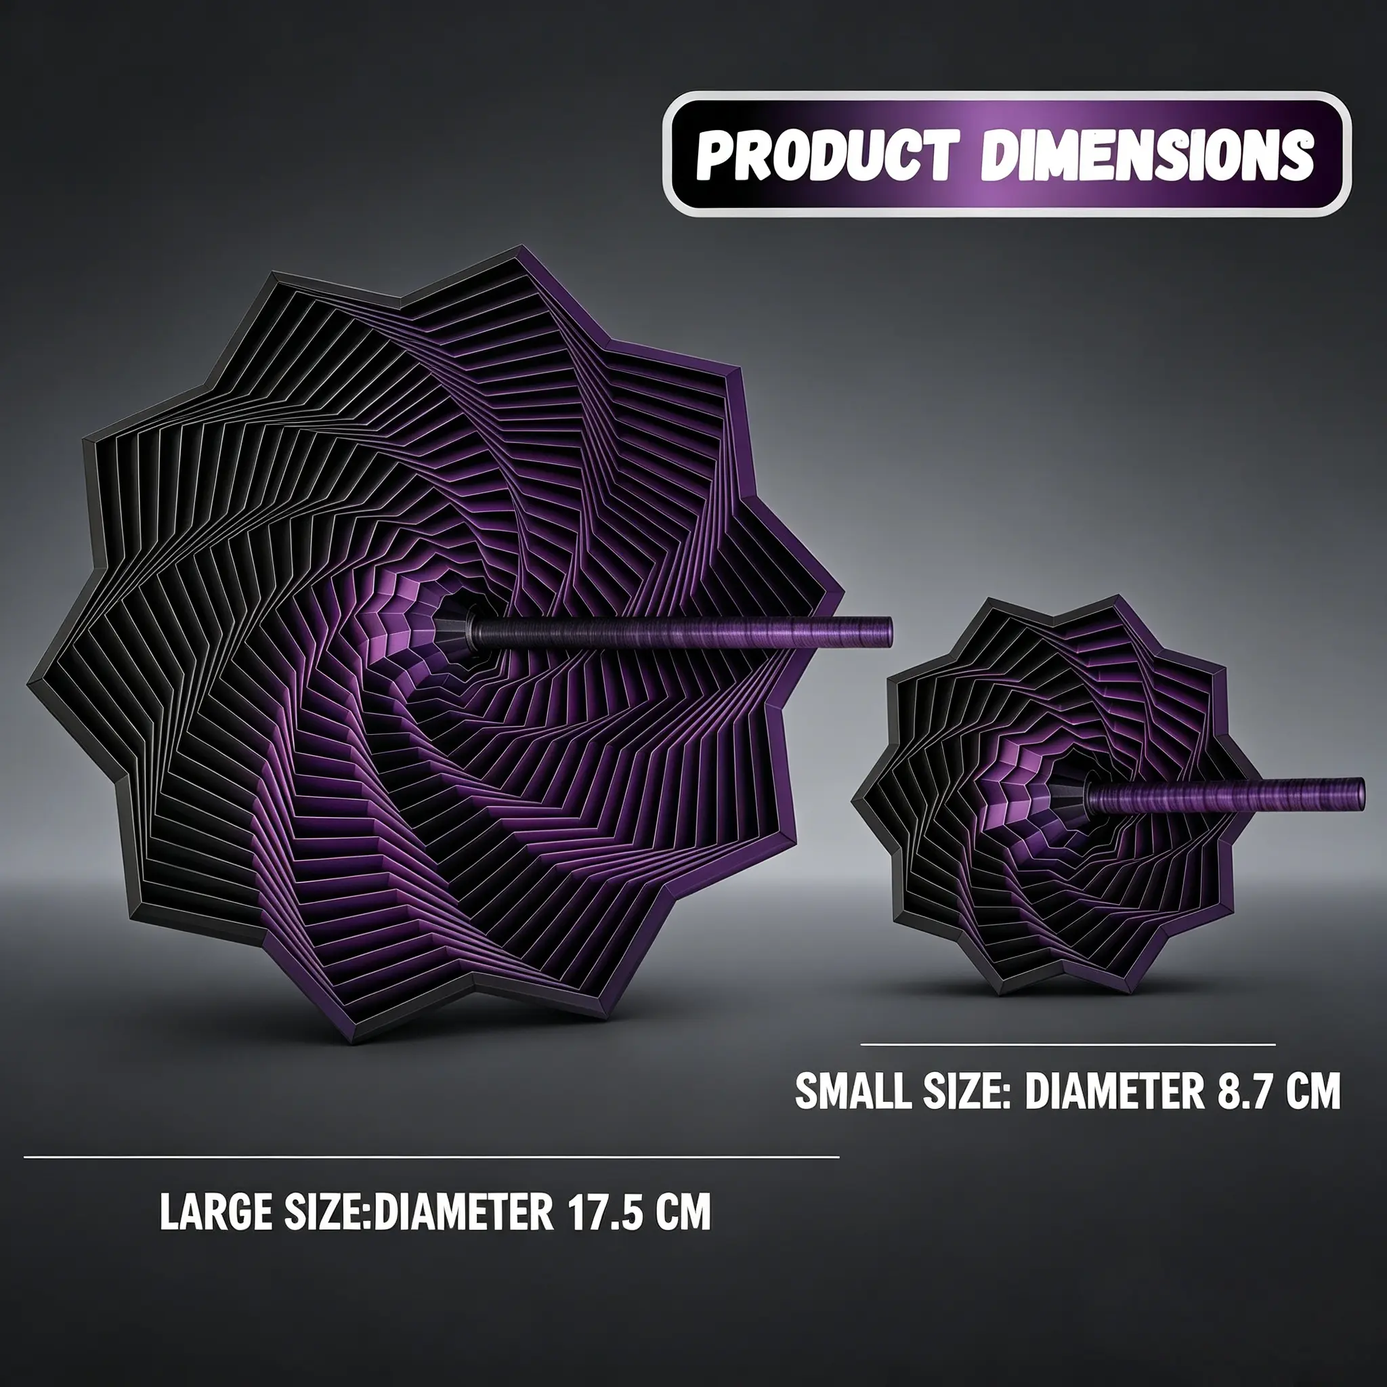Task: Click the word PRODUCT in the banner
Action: pyautogui.click(x=826, y=154)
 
